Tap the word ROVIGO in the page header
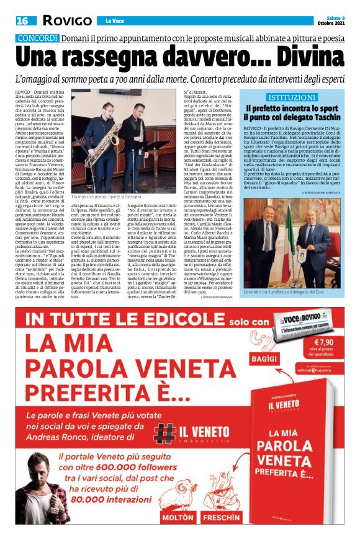pyautogui.click(x=66, y=21)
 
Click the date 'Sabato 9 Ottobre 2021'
pyautogui.click(x=336, y=20)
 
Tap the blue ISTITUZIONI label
pyautogui.click(x=290, y=97)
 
